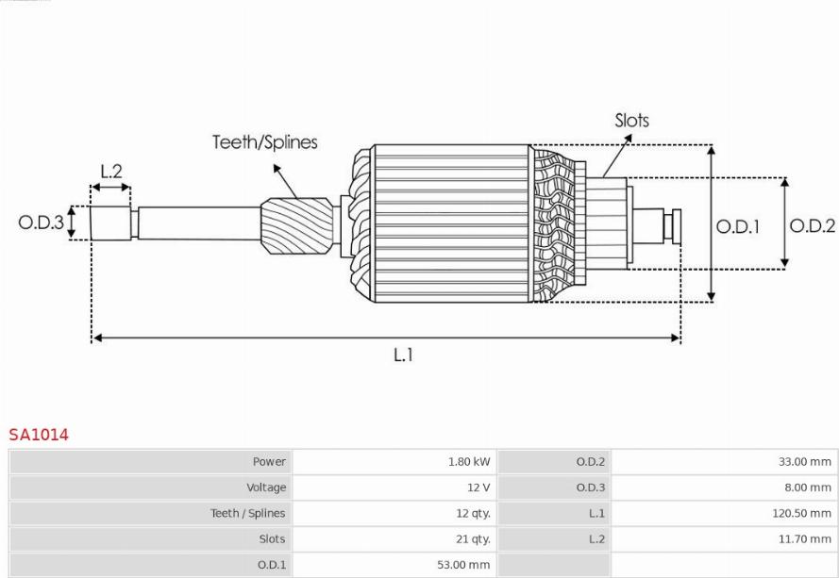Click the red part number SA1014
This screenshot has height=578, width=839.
pos(39,435)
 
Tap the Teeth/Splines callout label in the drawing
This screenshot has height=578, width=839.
pos(265,142)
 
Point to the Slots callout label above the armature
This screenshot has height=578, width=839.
pos(631,121)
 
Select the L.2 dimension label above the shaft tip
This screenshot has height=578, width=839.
pos(111,172)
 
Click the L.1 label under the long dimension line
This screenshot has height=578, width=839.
pos(403,355)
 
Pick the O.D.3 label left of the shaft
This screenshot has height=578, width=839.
pos(42,223)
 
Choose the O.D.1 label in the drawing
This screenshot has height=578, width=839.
pos(738,226)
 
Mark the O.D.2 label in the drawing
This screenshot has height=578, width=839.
pos(813,225)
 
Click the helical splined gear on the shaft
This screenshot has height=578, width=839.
pos(297,226)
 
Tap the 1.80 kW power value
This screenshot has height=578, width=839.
pos(469,461)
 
